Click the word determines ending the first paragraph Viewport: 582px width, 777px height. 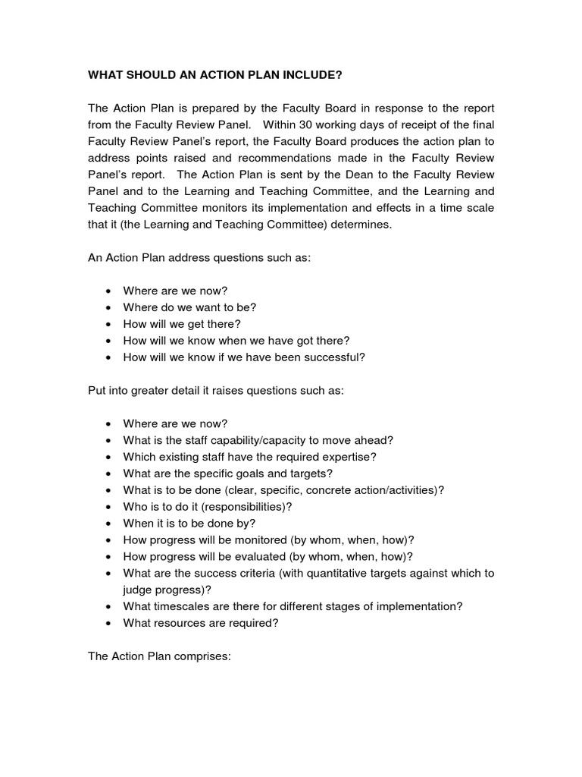pos(355,225)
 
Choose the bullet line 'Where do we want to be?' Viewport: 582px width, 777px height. pos(189,307)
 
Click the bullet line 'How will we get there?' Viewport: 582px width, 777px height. pos(182,324)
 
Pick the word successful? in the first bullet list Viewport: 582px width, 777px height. pos(335,357)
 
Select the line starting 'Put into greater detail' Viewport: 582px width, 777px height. pos(216,390)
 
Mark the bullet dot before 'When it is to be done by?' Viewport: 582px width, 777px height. pos(109,524)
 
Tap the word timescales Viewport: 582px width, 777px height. pos(182,606)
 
